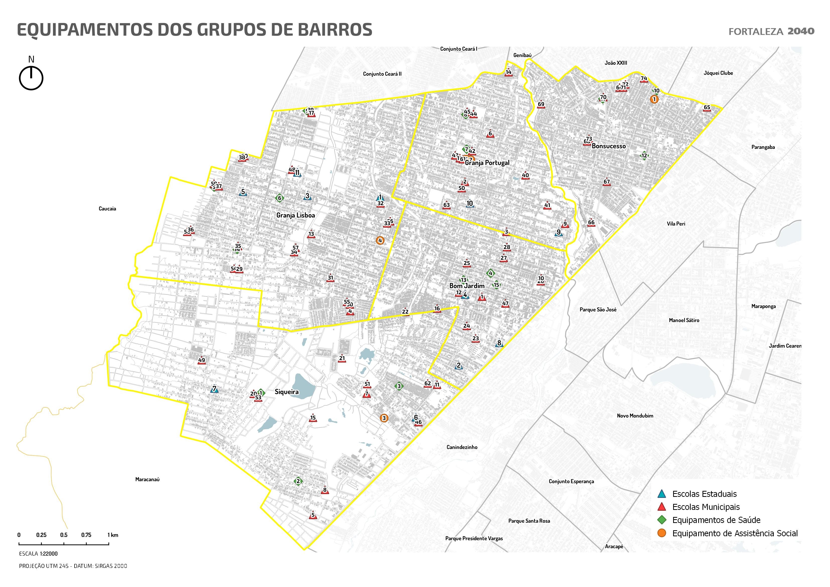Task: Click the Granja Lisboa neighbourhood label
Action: click(x=295, y=215)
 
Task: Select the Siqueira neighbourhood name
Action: click(x=287, y=392)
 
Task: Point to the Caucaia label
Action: click(x=107, y=209)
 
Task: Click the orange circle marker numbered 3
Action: click(x=384, y=418)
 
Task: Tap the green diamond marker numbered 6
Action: click(x=279, y=198)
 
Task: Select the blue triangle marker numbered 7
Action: click(x=214, y=389)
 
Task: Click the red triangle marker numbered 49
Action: click(x=202, y=360)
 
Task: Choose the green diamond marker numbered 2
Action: click(x=298, y=481)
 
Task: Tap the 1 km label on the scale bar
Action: click(x=113, y=535)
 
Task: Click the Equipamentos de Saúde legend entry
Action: click(x=716, y=520)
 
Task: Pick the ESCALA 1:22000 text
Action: click(x=38, y=554)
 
